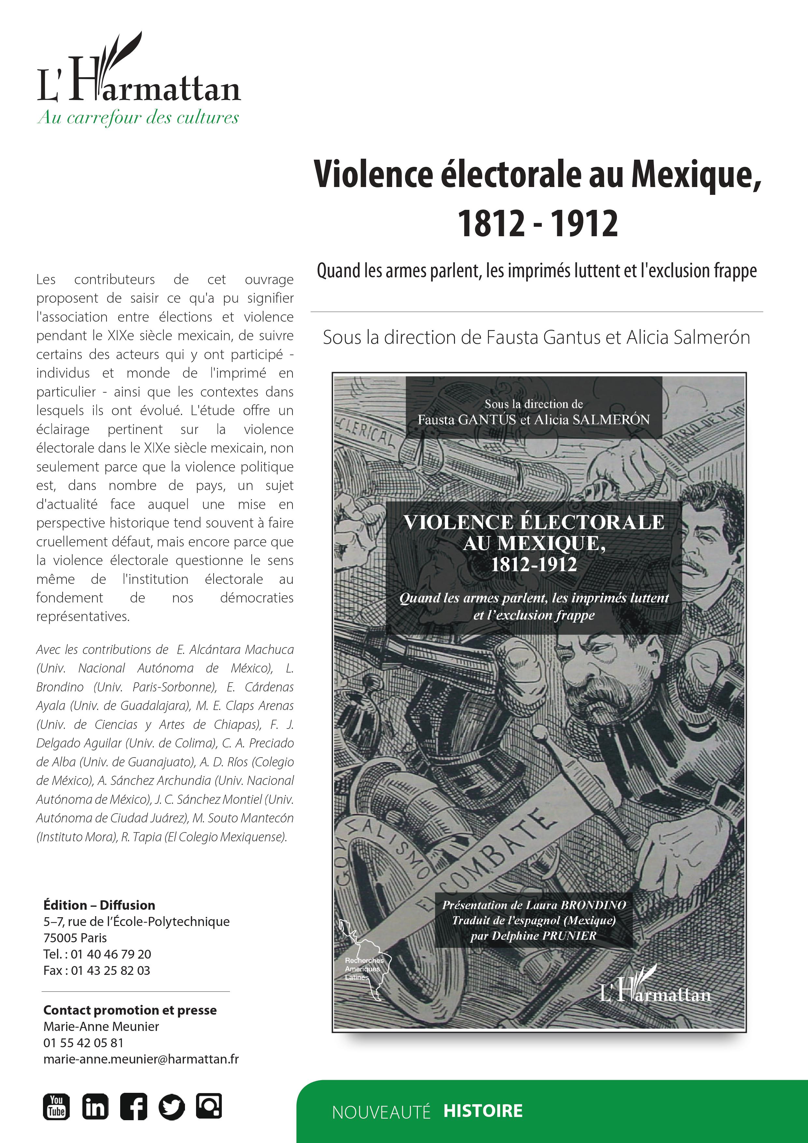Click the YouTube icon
click(x=56, y=1106)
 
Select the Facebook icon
click(x=133, y=1106)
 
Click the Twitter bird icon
click(x=172, y=1106)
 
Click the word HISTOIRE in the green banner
click(x=483, y=1111)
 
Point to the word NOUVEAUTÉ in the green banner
click(x=381, y=1112)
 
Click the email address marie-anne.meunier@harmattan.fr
click(x=141, y=1059)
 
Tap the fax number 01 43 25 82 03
click(x=110, y=970)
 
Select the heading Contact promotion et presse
click(x=130, y=1010)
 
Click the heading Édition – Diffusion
click(x=99, y=905)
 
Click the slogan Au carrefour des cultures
click(x=138, y=118)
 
